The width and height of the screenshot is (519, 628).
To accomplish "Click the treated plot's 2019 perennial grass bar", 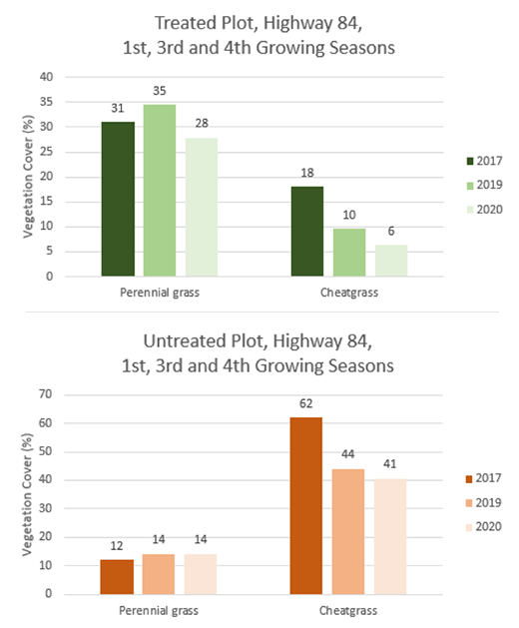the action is point(160,191).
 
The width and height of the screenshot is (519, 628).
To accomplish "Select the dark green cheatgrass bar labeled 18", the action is point(307,232).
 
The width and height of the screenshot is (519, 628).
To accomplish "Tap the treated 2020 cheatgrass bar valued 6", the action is point(391,261).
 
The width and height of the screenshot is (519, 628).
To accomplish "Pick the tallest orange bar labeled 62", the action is point(306,506).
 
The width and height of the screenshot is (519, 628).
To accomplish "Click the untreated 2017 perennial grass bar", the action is point(117,577).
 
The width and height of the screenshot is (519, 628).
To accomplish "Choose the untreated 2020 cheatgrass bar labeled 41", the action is point(390,537).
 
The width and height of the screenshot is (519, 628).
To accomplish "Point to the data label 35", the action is point(160,91).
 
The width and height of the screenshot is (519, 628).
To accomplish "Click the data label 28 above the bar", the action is point(202,124).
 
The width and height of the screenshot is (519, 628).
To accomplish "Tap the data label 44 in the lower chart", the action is point(347,454).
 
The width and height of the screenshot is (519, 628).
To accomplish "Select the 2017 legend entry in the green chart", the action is point(484,161).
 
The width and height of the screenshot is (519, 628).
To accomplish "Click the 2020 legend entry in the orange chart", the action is point(484,527).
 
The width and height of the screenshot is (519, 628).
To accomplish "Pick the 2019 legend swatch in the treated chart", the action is point(470,186).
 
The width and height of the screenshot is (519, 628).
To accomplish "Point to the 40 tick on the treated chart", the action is point(47,77).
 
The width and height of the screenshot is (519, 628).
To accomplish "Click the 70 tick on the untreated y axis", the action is point(46,394).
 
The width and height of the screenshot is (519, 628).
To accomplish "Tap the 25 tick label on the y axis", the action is point(47,152).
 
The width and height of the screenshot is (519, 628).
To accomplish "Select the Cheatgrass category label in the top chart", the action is point(349,293).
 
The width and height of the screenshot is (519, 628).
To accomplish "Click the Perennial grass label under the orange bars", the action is point(159,611).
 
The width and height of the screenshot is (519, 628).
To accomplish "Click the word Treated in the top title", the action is point(183,23).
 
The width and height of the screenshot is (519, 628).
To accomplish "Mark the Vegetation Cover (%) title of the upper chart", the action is point(28,177).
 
